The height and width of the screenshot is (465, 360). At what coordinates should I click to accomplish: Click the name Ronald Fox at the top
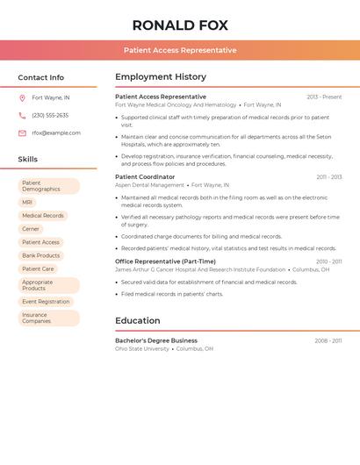(180, 25)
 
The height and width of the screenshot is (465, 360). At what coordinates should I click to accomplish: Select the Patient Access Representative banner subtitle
(180, 50)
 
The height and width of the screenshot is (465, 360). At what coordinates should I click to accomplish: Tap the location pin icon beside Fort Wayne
(22, 97)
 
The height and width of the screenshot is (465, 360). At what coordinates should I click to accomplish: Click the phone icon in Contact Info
(22, 115)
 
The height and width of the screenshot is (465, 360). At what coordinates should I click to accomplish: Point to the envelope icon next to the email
(22, 133)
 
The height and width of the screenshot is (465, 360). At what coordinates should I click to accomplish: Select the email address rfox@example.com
(56, 133)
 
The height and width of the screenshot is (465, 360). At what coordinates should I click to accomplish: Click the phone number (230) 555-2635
(50, 115)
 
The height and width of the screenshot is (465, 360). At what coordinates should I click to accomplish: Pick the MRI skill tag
(27, 202)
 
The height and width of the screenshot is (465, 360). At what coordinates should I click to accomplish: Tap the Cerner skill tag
(31, 229)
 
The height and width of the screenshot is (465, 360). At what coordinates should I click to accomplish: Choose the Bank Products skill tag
(41, 255)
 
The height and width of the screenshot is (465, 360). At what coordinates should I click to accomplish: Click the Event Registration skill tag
(46, 301)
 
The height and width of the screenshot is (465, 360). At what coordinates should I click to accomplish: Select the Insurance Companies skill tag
(37, 318)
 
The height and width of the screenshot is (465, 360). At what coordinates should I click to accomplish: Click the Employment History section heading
(161, 77)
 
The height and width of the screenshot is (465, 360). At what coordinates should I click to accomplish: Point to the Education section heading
(137, 321)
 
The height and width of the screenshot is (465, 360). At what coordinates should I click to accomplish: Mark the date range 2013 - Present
(324, 97)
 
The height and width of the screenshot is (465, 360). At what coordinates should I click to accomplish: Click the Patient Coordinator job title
(145, 176)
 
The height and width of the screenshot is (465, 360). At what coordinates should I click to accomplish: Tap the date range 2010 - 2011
(329, 261)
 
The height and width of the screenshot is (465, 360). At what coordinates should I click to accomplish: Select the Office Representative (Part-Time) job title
(165, 261)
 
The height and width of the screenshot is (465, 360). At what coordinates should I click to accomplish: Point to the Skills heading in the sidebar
(28, 159)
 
